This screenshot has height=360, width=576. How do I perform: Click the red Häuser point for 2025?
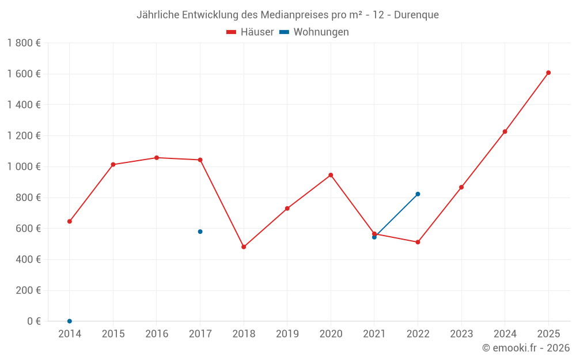point(548,73)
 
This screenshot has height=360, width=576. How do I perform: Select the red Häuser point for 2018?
point(244,247)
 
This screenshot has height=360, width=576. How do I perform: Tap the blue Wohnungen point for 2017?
point(200,232)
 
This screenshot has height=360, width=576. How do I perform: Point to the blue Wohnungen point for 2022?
point(418,194)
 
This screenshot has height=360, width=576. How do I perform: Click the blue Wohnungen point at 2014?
point(70,321)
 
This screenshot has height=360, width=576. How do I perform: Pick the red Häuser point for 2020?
point(331,175)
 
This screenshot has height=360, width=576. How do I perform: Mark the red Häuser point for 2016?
point(157,158)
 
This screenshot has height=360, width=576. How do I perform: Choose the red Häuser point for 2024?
point(505,131)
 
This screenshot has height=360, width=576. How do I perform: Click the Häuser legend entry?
point(250,32)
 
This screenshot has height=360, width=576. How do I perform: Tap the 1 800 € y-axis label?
point(24,43)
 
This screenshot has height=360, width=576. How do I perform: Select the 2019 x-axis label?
point(287,334)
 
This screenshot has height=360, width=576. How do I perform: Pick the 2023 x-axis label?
point(461,334)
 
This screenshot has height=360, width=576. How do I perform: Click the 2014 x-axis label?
point(70,334)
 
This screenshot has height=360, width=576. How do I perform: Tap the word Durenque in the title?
point(415,15)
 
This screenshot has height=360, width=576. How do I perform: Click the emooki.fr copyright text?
point(525,348)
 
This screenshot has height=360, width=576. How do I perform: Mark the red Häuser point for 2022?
point(418,242)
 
